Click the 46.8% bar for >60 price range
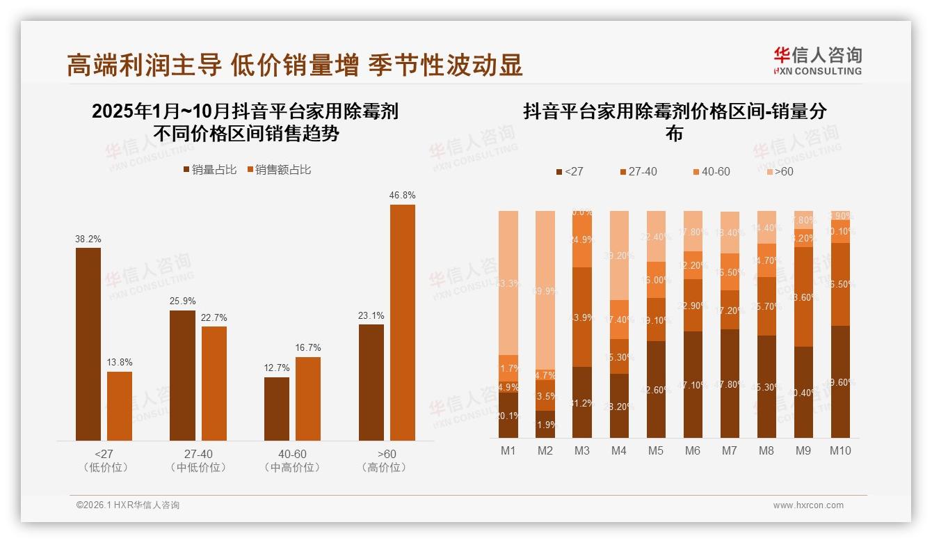point(403,322)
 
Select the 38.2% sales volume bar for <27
point(88,344)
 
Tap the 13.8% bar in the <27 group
point(120,406)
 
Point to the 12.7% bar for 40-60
point(277,409)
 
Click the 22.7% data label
point(214,317)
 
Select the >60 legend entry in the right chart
point(779,171)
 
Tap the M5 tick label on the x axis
point(655,450)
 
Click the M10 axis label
point(839,450)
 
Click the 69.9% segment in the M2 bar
point(545,290)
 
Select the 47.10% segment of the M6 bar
point(692,384)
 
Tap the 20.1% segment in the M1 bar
point(508,415)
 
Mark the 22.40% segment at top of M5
point(655,236)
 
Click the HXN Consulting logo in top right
point(817,61)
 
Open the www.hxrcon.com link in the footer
point(808,505)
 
